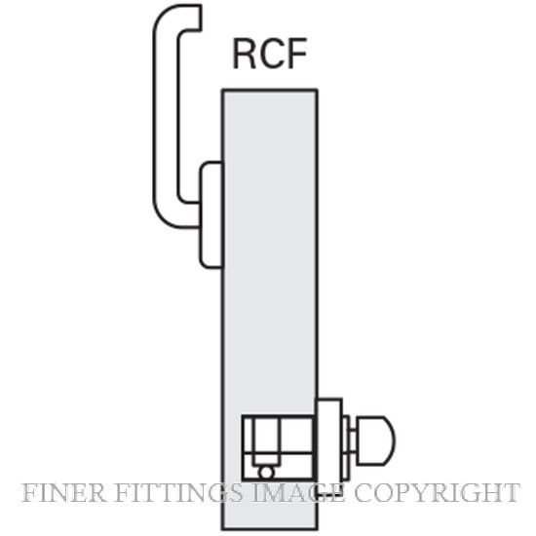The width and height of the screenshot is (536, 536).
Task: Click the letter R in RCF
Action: [x=244, y=54]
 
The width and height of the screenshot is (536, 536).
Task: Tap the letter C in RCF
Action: [x=271, y=54]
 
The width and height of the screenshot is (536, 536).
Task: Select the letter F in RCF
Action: [x=297, y=54]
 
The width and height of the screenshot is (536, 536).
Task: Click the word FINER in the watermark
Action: [x=63, y=493]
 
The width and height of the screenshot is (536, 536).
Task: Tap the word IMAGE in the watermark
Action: [x=298, y=493]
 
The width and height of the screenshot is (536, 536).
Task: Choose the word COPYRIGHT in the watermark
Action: [x=438, y=493]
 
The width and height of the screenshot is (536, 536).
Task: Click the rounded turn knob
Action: [x=376, y=440]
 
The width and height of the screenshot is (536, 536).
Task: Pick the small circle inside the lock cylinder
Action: [x=266, y=473]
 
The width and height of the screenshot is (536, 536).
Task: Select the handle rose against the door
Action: [x=211, y=214]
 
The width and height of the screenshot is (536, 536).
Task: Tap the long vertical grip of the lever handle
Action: [x=166, y=116]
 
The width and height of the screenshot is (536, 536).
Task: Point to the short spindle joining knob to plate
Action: [x=353, y=440]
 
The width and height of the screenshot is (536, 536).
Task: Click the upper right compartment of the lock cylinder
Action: [x=294, y=435]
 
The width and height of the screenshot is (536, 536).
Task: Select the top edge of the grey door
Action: [x=270, y=91]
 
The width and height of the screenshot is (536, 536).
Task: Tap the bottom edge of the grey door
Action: [x=270, y=529]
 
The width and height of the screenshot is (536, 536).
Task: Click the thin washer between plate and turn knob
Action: [x=346, y=448]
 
